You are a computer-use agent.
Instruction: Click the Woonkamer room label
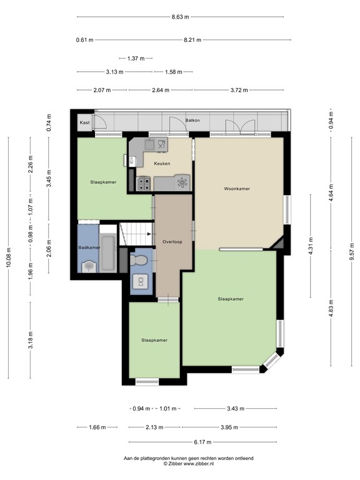[x=237, y=188]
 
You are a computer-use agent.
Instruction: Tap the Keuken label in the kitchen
[x=162, y=164]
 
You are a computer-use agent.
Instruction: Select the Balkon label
[x=192, y=120]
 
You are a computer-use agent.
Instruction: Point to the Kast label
[x=84, y=123]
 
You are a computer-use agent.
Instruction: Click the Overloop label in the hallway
[x=172, y=241]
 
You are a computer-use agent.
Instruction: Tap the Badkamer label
[x=89, y=247]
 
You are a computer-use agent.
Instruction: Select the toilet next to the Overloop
[x=140, y=258]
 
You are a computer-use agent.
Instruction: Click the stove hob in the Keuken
[x=144, y=184]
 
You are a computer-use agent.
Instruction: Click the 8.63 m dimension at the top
[x=181, y=17]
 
